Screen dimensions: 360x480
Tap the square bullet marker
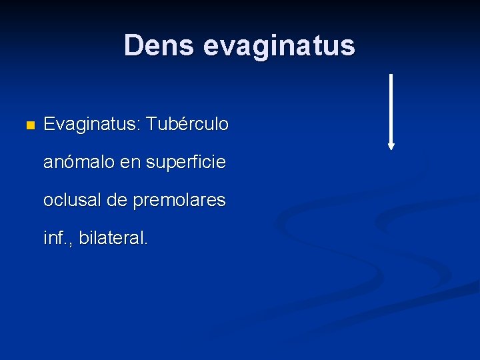[28, 125]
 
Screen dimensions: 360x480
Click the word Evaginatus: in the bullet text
[91, 124]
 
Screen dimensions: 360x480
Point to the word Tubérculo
[187, 124]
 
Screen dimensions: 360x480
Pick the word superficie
[192, 162]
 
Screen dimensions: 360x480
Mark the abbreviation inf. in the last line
[57, 238]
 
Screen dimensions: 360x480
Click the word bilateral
[111, 238]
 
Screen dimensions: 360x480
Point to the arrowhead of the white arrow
[391, 146]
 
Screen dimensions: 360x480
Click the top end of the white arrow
[391, 75]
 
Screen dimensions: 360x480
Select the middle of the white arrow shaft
[391, 110]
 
